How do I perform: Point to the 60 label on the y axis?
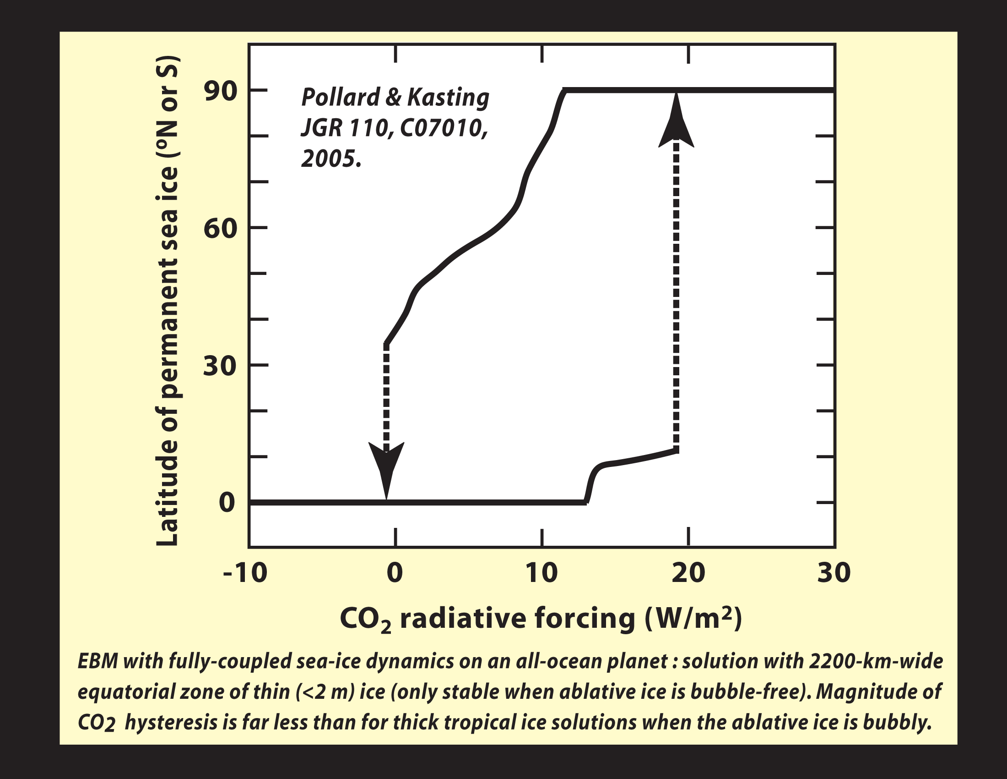[x=221, y=228]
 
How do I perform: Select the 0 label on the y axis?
[x=227, y=503]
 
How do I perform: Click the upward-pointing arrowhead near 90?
[x=676, y=122]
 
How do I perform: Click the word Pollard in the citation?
[x=341, y=97]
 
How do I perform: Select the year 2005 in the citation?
[x=330, y=159]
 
